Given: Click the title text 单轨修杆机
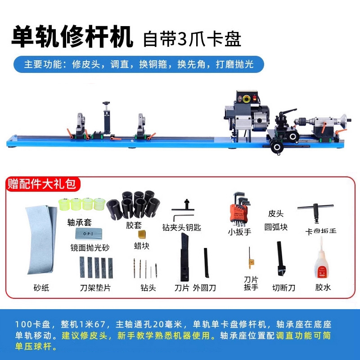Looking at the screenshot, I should click(72, 37).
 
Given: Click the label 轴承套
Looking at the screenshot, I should click(80, 222).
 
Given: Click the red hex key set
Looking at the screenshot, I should click(238, 209).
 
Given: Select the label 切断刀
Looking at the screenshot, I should click(283, 287).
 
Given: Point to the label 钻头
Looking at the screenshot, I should click(148, 287).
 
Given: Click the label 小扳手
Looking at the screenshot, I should click(239, 233).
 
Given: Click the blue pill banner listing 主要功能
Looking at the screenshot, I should click(139, 64).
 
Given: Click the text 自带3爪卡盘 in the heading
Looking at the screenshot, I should click(192, 39).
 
